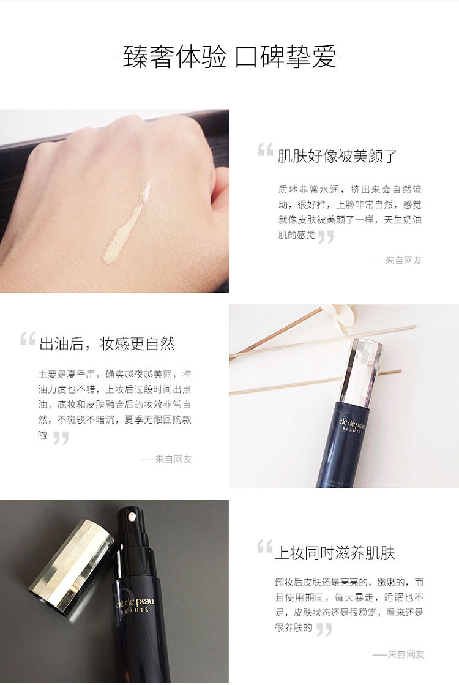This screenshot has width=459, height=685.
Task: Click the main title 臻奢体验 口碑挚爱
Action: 229,57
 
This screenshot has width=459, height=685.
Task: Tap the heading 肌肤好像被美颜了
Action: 337,156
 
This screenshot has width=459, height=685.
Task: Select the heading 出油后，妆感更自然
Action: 107,344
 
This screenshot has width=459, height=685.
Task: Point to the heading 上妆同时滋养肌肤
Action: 335,553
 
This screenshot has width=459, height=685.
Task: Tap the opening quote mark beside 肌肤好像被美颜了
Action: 266,149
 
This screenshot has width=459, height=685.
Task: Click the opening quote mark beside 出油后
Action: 28,339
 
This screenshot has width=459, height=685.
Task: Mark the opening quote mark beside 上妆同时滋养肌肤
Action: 264,547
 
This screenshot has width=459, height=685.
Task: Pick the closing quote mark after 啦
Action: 61,438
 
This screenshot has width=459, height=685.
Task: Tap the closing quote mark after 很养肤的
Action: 324,630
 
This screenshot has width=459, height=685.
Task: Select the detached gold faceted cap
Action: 72,566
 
